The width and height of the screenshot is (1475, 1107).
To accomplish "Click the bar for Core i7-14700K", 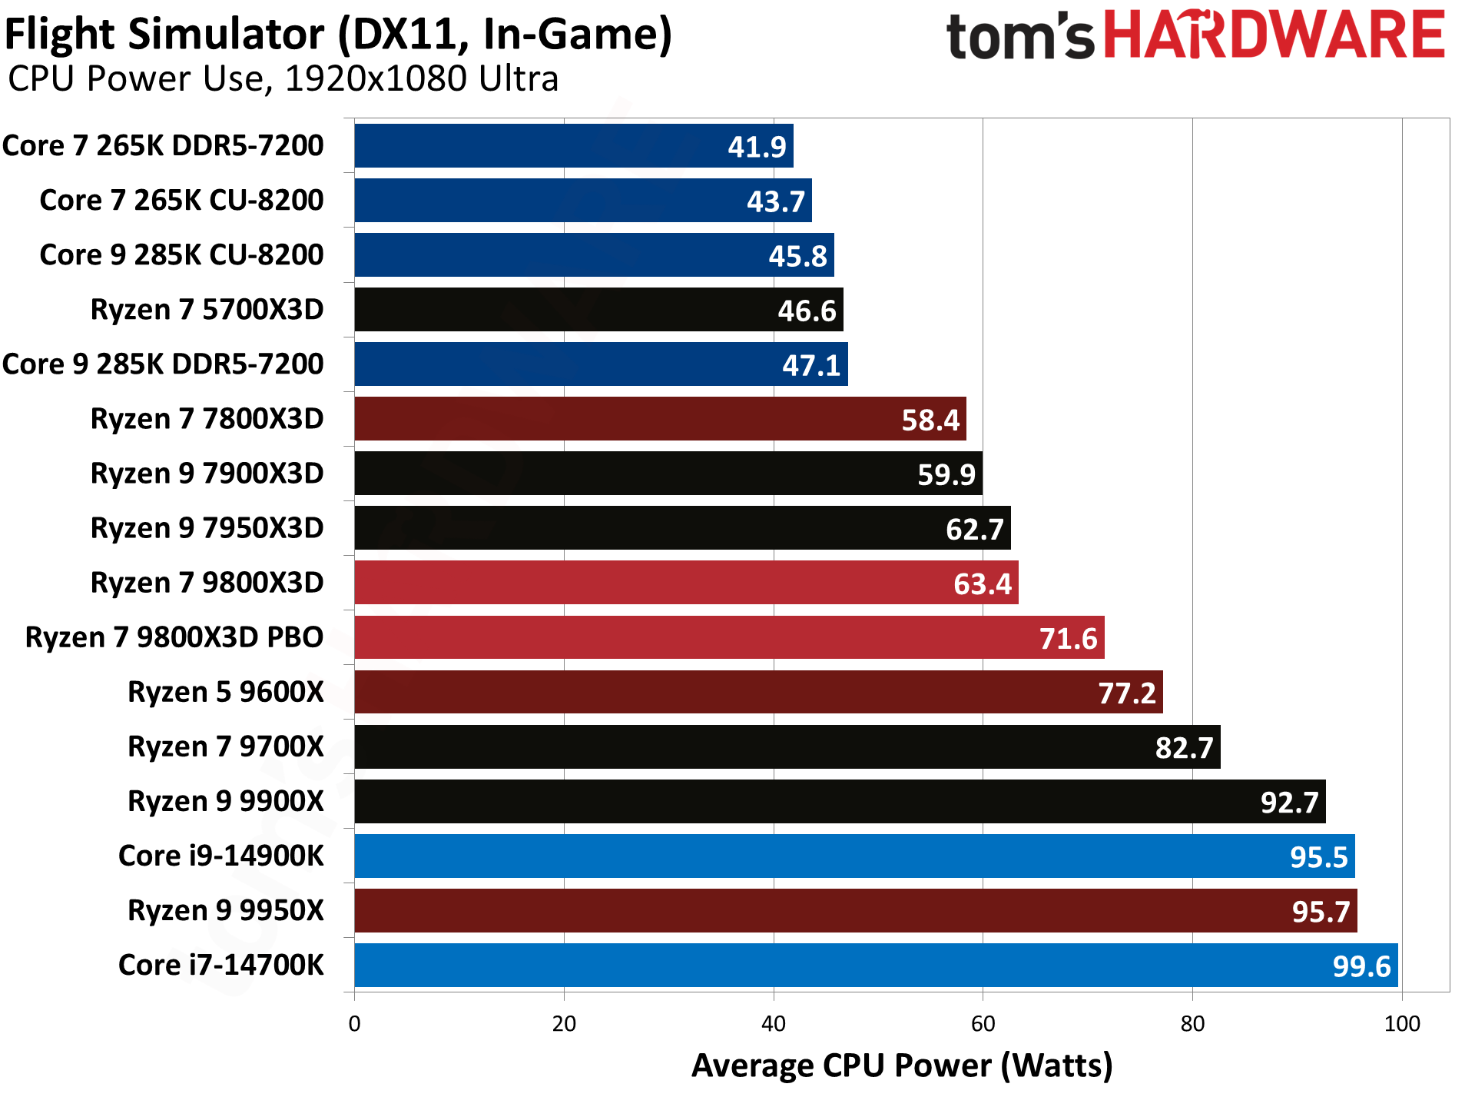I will (876, 965).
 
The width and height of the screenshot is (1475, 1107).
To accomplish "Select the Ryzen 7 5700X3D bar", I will (598, 310).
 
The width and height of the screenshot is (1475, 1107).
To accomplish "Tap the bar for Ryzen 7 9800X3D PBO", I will (729, 637).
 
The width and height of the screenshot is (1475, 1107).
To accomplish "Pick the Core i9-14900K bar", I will (854, 856).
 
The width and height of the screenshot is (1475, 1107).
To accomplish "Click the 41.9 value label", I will (757, 147).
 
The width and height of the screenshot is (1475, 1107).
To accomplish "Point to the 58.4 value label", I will (930, 421).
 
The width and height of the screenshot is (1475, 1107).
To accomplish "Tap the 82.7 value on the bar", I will (1184, 748).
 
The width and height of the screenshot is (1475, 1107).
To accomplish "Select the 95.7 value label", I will (1320, 912).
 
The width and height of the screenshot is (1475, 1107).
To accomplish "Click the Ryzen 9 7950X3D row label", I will (207, 528).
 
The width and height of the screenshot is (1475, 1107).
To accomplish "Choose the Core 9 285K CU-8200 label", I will (181, 255).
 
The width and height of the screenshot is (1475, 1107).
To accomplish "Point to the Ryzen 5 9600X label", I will (225, 692).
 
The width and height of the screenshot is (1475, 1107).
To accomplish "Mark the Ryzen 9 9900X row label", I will (225, 801).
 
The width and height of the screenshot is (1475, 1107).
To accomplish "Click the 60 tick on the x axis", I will (983, 1024).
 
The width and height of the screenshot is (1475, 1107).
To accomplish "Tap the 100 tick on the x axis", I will (1401, 1024).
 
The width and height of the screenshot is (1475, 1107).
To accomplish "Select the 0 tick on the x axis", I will (354, 1024).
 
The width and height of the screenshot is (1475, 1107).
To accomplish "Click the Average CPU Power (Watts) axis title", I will (902, 1066).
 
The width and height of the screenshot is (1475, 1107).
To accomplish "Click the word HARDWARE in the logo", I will (1274, 36).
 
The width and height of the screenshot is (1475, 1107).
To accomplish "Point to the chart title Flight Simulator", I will (338, 35).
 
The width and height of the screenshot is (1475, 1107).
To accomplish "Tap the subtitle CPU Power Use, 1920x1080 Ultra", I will (283, 79).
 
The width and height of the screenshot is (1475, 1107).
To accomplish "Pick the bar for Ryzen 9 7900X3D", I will (668, 474).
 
